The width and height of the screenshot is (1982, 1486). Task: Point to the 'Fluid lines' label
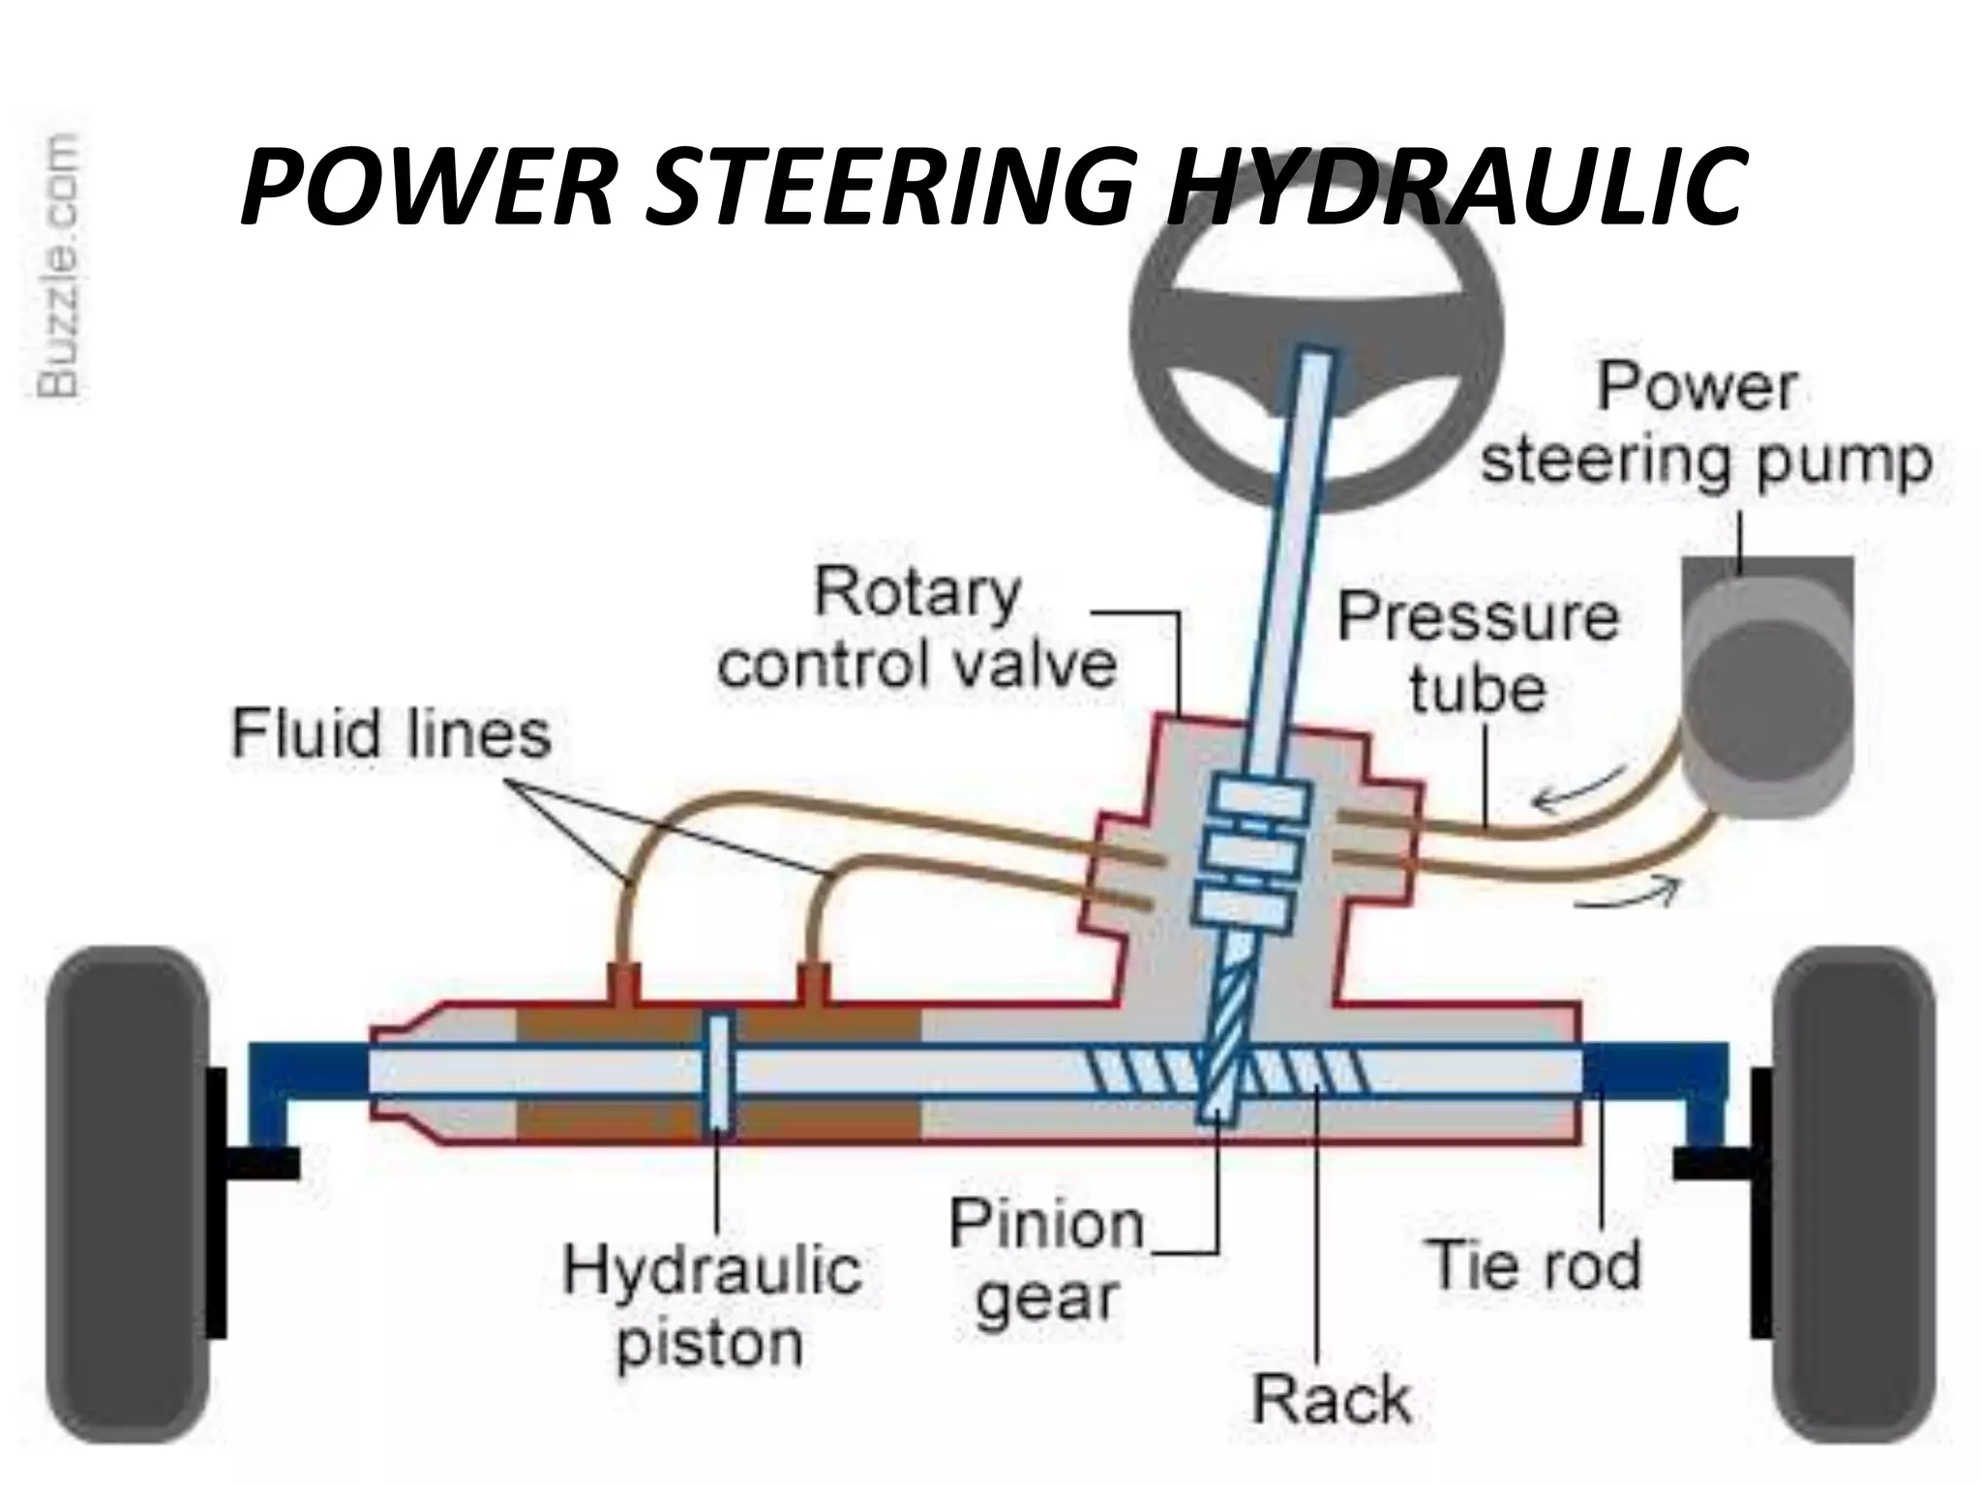[x=391, y=732]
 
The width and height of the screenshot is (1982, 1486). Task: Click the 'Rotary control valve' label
[x=916, y=629]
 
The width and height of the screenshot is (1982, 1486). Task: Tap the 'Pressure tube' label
[x=1478, y=653]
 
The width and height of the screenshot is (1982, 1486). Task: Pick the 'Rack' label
[x=1332, y=1399]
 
